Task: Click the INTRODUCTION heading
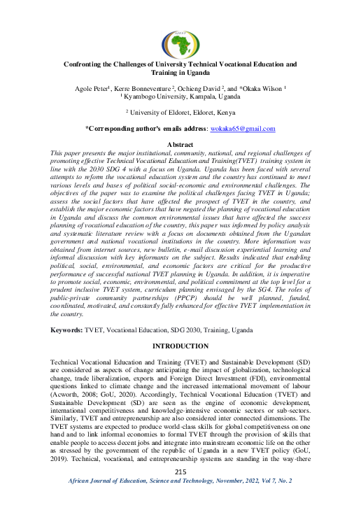pos(180,346)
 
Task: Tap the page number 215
pos(180,493)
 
